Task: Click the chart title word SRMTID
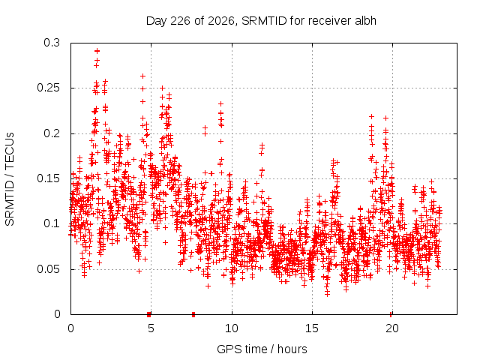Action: point(264,21)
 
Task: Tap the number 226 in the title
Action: point(180,21)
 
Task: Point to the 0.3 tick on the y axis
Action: point(52,43)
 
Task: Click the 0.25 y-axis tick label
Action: point(48,88)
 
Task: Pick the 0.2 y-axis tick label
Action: point(52,133)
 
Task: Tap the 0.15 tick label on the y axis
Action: point(48,178)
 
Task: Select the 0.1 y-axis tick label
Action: point(52,223)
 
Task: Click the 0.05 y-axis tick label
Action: point(48,269)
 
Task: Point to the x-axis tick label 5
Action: point(151,328)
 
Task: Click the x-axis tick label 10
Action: point(232,328)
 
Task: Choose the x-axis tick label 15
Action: point(312,328)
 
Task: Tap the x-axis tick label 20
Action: point(392,328)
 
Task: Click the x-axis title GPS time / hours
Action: point(262,349)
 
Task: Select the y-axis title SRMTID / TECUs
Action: point(10,179)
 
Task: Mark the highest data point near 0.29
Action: point(97,51)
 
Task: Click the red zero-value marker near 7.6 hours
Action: point(193,314)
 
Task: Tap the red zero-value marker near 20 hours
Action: point(391,314)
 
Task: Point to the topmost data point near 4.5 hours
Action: point(142,76)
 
